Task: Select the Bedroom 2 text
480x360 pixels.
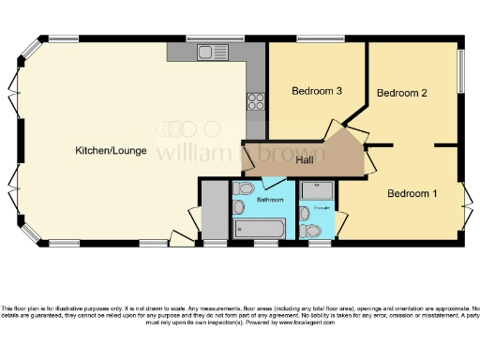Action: pyautogui.click(x=402, y=93)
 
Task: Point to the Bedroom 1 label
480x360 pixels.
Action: pyautogui.click(x=412, y=193)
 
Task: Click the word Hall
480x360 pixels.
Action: pyautogui.click(x=305, y=160)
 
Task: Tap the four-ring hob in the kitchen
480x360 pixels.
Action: pyautogui.click(x=255, y=98)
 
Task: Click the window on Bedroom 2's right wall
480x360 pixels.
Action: pyautogui.click(x=460, y=70)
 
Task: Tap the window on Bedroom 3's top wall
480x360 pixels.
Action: pyautogui.click(x=314, y=39)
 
